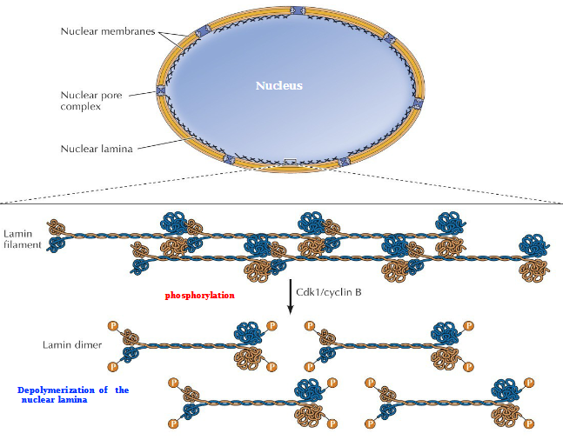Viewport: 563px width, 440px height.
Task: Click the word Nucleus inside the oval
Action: (x=278, y=86)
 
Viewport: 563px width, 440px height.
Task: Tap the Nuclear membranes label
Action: (x=108, y=31)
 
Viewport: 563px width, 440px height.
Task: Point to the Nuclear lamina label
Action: (x=96, y=149)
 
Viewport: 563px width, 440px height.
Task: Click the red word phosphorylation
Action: (x=200, y=296)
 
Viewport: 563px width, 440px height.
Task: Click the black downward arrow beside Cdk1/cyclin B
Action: (x=290, y=296)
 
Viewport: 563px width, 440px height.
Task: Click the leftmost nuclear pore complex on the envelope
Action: (x=161, y=90)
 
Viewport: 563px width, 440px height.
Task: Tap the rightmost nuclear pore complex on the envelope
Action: (x=418, y=103)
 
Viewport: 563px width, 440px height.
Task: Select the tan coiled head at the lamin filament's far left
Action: (x=57, y=229)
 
